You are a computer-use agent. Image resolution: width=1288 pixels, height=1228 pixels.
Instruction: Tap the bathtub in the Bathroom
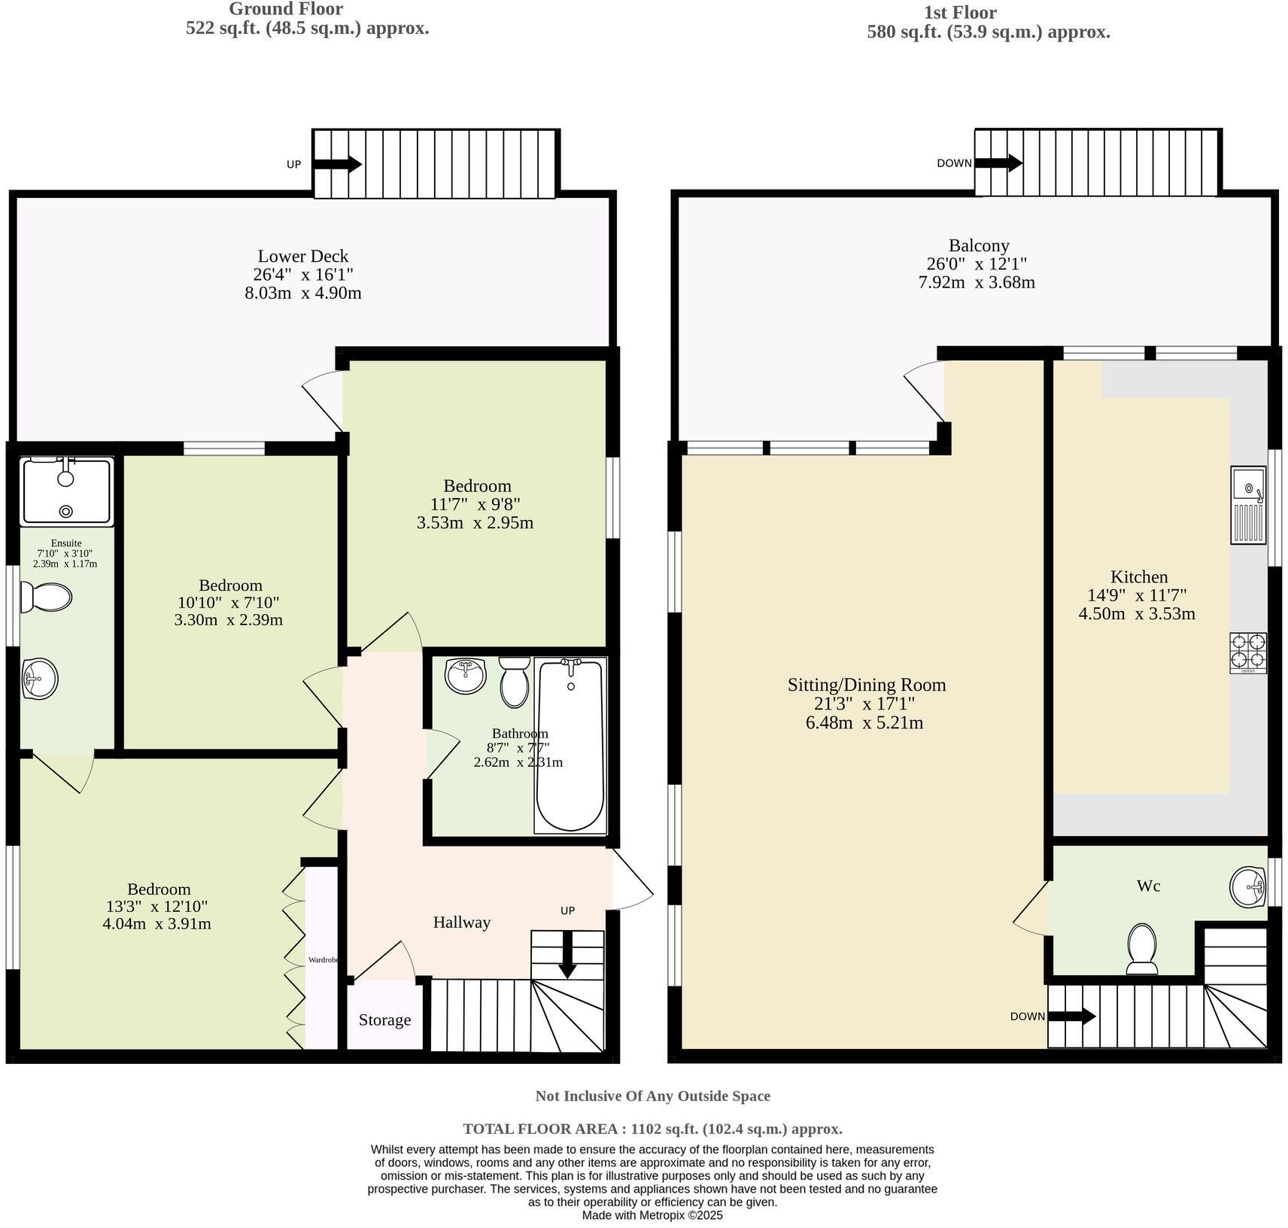(x=570, y=746)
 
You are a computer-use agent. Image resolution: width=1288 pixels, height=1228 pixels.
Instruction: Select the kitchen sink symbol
(x=1248, y=504)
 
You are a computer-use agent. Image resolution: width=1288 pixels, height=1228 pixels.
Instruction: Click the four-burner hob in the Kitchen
(x=1248, y=652)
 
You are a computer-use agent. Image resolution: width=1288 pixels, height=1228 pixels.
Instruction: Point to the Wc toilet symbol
(x=1142, y=948)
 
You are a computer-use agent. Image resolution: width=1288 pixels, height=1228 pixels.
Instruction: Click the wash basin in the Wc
(x=1249, y=887)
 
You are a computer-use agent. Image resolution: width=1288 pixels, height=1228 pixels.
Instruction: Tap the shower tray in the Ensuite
(x=66, y=491)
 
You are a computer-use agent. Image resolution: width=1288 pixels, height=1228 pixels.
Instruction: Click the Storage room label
(x=384, y=1020)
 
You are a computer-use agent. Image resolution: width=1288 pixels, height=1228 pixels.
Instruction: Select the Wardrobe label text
(x=324, y=960)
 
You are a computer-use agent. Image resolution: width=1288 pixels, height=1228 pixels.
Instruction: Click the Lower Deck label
(x=302, y=256)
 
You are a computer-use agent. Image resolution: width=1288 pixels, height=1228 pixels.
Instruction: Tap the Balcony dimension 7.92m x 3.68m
(x=977, y=283)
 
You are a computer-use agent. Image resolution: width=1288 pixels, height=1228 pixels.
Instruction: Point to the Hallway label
(x=461, y=922)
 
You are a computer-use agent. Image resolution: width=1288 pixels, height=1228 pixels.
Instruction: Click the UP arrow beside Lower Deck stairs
(x=337, y=164)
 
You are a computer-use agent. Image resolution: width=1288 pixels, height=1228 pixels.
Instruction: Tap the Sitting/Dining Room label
(x=867, y=685)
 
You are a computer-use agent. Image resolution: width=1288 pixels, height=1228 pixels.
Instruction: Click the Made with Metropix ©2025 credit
(x=652, y=1214)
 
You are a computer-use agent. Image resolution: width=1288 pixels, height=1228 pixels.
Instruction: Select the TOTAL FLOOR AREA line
(x=652, y=1129)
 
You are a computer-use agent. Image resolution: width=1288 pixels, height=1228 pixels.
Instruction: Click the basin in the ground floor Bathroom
(x=466, y=676)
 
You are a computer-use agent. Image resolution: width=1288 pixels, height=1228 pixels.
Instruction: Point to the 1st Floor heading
(x=960, y=13)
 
